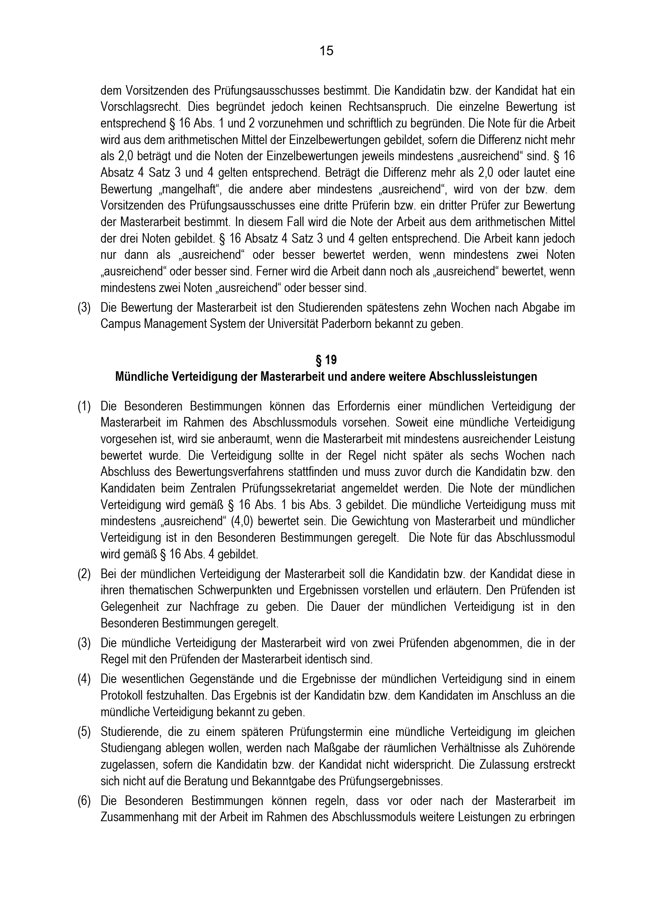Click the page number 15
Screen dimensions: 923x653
(326, 51)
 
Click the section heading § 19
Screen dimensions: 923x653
(326, 360)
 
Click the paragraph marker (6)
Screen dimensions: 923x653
(84, 801)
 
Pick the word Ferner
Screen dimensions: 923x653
(274, 272)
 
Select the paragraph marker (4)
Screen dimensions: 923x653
(84, 679)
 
